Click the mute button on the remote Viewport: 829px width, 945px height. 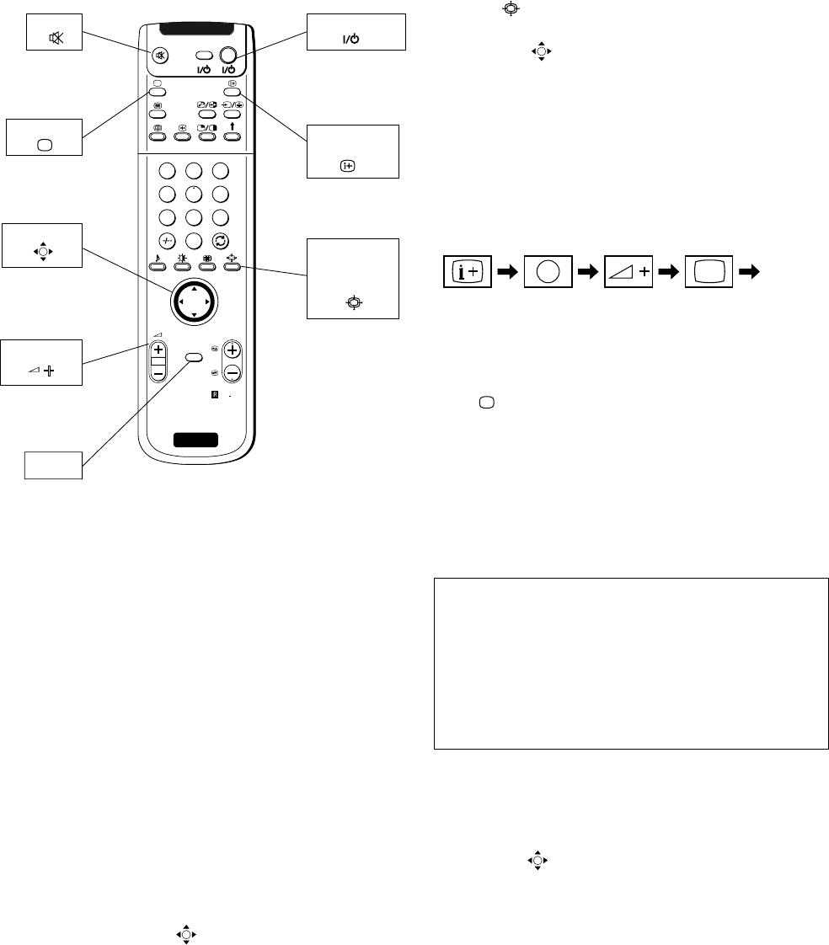[x=160, y=56]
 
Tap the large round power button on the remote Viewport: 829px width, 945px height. [x=227, y=56]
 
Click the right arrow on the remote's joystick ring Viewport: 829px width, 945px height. [x=207, y=299]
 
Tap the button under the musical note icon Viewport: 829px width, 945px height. [x=157, y=267]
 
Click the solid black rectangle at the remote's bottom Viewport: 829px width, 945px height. [x=193, y=439]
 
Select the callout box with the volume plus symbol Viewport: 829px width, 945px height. [x=41, y=362]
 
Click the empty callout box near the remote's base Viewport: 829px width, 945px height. [x=53, y=465]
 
